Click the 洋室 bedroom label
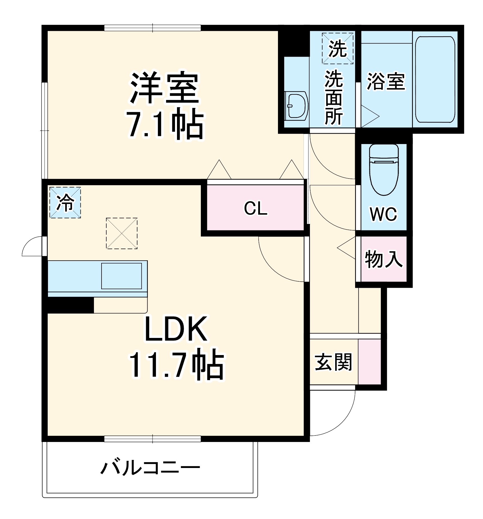(164, 88)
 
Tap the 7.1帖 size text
(165, 125)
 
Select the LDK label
(176, 329)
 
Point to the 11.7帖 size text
(177, 365)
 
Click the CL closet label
(256, 208)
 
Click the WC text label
(383, 214)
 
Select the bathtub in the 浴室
(435, 80)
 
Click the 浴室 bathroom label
(386, 82)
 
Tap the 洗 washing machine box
(337, 48)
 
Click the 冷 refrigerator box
(65, 203)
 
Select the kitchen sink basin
(121, 276)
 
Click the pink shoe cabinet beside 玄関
(369, 362)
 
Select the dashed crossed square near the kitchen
(122, 233)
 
